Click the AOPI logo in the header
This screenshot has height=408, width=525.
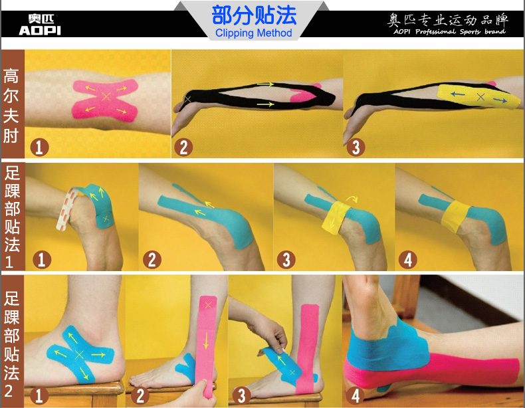pyautogui.click(x=39, y=25)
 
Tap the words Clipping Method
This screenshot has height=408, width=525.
pyautogui.click(x=253, y=33)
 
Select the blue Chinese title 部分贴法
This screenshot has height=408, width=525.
pyautogui.click(x=254, y=15)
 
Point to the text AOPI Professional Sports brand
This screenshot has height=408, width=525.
pyautogui.click(x=449, y=31)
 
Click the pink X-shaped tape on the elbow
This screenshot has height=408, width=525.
pyautogui.click(x=105, y=100)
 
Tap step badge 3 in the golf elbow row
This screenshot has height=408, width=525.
pyautogui.click(x=356, y=148)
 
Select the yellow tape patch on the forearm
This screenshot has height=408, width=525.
pyautogui.click(x=478, y=96)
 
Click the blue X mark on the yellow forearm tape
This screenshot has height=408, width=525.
pyautogui.click(x=480, y=97)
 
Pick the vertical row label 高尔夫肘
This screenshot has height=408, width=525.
pyautogui.click(x=11, y=106)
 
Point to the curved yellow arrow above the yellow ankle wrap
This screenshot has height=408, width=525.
pyautogui.click(x=352, y=199)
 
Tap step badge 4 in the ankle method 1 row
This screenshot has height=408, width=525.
pyautogui.click(x=407, y=260)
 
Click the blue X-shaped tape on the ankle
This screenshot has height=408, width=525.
pyautogui.click(x=80, y=354)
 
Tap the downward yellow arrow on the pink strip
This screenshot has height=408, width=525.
pyautogui.click(x=206, y=340)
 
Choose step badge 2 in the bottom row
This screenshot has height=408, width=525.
pyautogui.click(x=140, y=396)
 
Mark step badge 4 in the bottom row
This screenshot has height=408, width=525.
pyautogui.click(x=356, y=395)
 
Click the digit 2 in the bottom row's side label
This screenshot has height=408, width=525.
pyautogui.click(x=9, y=391)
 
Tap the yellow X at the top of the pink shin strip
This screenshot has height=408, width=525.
pyautogui.click(x=208, y=305)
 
